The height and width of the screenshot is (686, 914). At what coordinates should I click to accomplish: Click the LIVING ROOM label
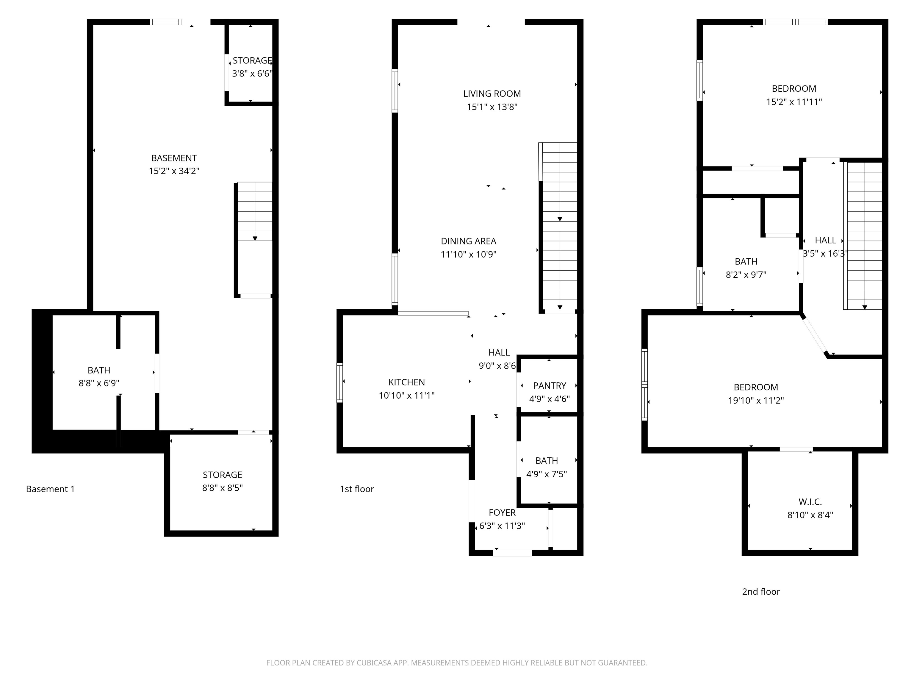point(492,94)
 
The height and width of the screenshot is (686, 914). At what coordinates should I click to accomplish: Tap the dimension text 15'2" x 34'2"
point(174,171)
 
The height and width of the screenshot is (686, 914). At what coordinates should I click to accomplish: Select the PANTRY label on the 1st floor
point(549,386)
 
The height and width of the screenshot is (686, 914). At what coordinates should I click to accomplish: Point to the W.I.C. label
point(810,502)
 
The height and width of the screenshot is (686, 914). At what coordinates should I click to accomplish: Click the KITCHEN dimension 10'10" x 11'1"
point(407,396)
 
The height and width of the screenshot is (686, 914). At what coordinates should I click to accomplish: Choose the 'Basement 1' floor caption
point(50,489)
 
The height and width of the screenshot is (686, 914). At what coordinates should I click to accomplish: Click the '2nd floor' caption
point(761,592)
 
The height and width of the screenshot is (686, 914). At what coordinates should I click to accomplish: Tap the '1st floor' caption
point(357,489)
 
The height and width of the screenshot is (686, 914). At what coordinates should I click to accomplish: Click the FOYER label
point(502,513)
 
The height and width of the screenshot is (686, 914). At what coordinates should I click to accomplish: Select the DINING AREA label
point(468,241)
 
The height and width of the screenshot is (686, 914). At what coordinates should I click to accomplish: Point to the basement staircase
point(255,212)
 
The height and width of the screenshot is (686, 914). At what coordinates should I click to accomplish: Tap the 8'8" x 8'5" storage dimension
point(222,488)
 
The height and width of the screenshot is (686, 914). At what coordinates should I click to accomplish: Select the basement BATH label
point(99,370)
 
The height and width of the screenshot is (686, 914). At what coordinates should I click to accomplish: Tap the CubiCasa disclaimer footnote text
point(457,663)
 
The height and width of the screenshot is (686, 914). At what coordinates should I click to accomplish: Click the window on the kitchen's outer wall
point(340,383)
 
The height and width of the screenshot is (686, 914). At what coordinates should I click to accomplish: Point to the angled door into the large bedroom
point(814,335)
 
